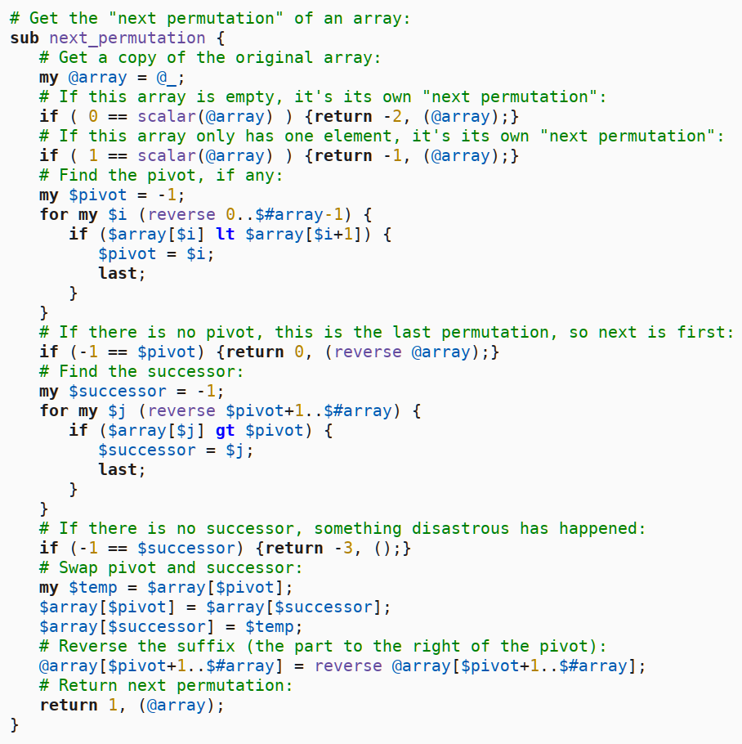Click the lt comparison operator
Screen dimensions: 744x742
tap(225, 234)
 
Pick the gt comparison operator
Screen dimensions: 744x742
tap(225, 430)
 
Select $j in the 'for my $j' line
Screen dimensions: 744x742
tap(117, 410)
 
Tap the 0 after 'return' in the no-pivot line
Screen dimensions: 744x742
tap(299, 352)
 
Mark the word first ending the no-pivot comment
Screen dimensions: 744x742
tap(704, 332)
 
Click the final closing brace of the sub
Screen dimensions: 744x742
tap(14, 724)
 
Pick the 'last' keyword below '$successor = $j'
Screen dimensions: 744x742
tap(118, 469)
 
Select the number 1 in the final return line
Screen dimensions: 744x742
tap(112, 705)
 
